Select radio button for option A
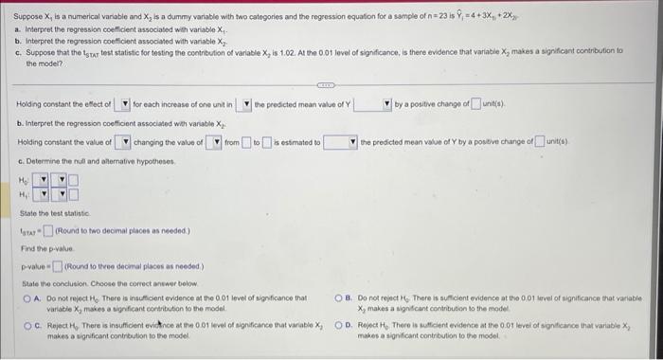[x=27, y=298]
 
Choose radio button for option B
[x=349, y=298]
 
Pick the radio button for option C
[x=27, y=325]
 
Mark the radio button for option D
[x=349, y=325]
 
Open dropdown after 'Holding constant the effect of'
[x=123, y=103]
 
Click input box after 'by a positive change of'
[x=478, y=103]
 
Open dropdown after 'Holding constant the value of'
[x=123, y=142]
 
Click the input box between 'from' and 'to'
[x=246, y=142]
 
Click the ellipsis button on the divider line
[x=331, y=82]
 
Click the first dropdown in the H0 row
[x=39, y=179]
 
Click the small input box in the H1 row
[x=73, y=194]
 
